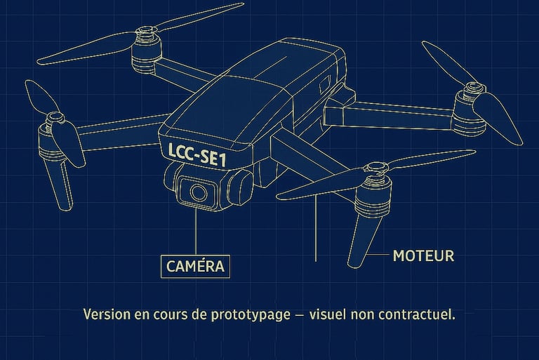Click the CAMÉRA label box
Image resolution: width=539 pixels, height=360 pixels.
click(x=195, y=266)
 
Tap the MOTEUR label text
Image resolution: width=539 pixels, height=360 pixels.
click(x=423, y=256)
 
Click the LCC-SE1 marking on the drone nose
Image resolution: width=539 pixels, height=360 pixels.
click(x=197, y=154)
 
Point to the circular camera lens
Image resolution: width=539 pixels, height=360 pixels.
click(x=199, y=192)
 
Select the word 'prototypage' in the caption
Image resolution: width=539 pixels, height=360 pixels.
click(x=251, y=314)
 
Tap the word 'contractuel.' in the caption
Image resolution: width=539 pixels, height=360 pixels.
click(x=417, y=314)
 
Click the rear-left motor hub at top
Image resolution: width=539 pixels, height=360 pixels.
click(x=147, y=50)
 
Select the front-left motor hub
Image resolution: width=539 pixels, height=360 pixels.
click(x=51, y=138)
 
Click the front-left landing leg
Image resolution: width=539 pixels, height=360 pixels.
click(x=59, y=184)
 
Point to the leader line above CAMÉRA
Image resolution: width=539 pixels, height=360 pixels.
click(x=197, y=230)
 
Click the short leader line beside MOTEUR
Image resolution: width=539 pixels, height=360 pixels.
click(x=379, y=255)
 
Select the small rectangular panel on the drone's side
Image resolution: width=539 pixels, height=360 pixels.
click(x=325, y=84)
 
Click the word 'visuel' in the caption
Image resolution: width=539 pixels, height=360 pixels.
click(x=328, y=314)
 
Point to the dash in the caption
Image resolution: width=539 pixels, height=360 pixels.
click(x=300, y=315)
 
